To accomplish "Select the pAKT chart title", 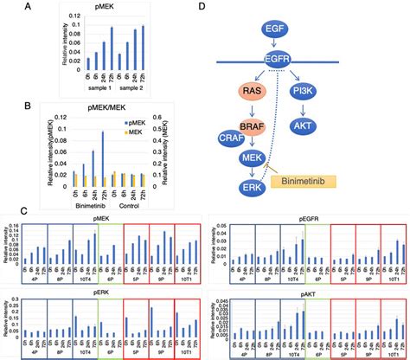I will tap(312, 292).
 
